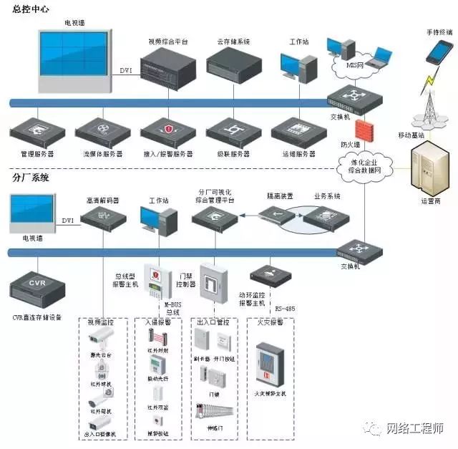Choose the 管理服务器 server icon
coord(36,130)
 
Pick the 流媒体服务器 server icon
coord(103,130)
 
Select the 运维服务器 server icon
coord(299,130)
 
